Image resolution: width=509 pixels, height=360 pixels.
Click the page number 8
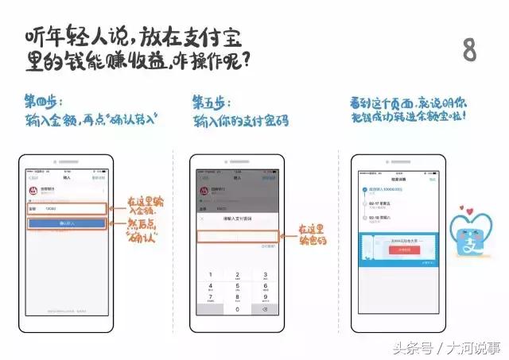pos(470,49)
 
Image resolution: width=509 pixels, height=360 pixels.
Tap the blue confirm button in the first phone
pos(67,224)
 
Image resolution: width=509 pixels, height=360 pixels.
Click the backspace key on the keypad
pos(262,310)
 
